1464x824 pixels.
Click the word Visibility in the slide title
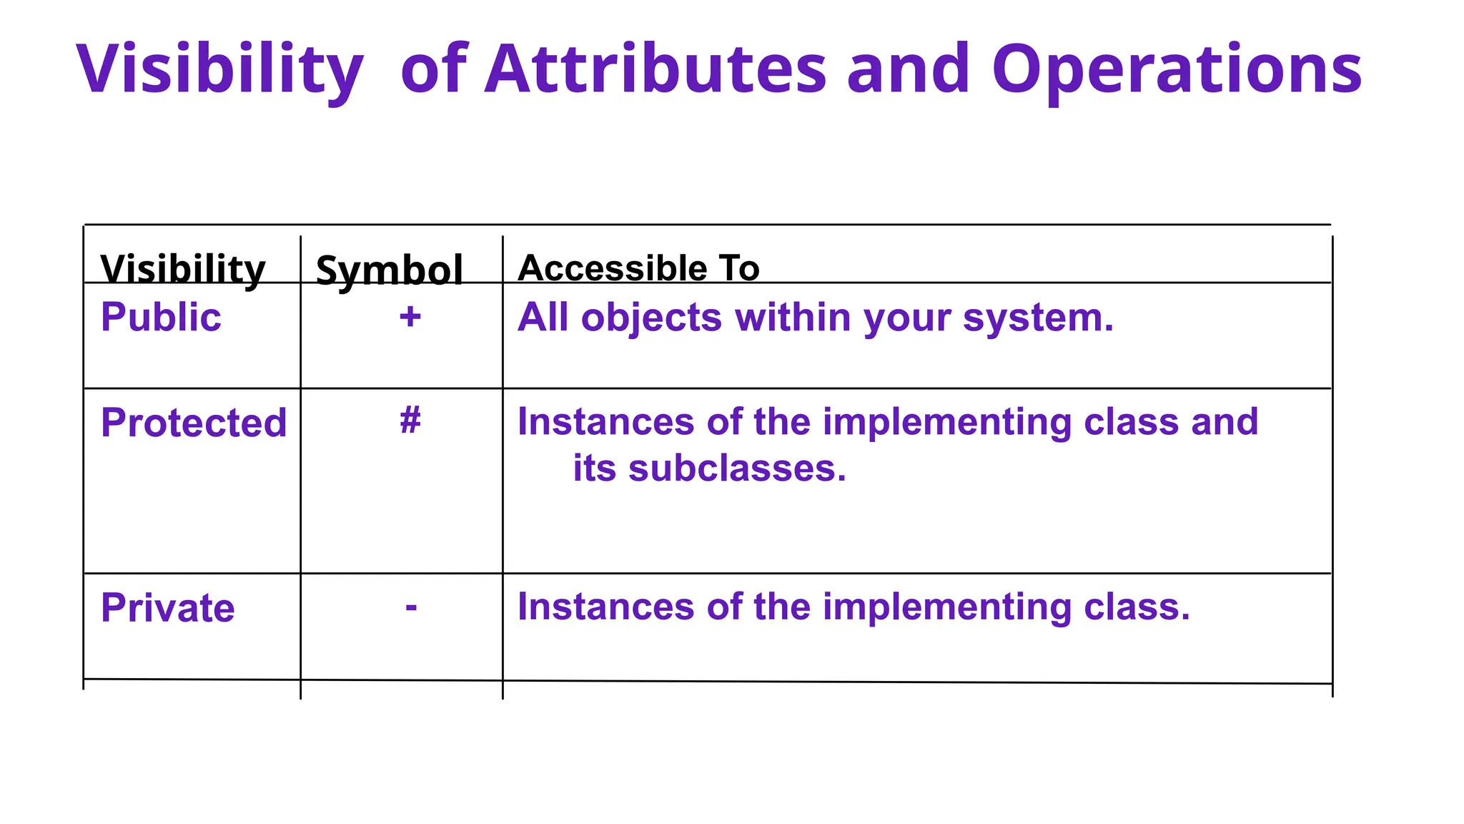pos(219,70)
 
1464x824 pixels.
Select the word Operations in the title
pos(1177,70)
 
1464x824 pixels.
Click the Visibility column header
pos(183,269)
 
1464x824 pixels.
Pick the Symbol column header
pos(390,270)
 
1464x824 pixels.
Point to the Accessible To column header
pos(638,268)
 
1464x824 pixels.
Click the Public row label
pos(161,317)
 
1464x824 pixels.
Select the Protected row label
pos(194,423)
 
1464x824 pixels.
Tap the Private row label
pos(167,608)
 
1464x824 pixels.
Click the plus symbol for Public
pos(410,317)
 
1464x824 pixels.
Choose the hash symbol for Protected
pos(410,420)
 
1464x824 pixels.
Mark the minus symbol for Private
pos(411,607)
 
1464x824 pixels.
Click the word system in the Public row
pos(1037,318)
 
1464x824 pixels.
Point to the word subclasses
pos(736,469)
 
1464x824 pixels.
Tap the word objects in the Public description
pos(651,318)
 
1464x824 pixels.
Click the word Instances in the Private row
pos(605,607)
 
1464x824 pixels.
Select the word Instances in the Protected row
pos(605,422)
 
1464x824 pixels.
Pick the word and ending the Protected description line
pos(1225,422)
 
